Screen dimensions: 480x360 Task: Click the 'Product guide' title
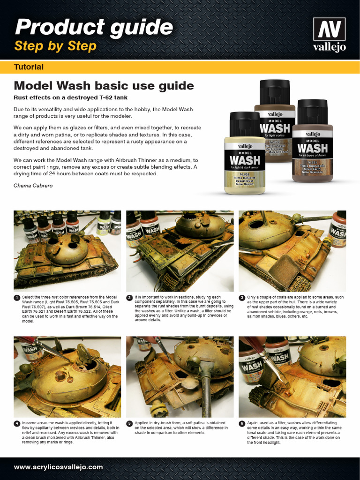tap(94, 27)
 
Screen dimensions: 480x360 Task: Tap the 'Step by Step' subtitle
tap(55, 46)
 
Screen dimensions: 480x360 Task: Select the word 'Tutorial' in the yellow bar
tap(29, 67)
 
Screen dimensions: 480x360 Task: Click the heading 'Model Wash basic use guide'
tap(104, 86)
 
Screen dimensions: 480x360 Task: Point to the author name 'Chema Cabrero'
tap(33, 186)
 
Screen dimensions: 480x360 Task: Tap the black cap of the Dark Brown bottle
tap(275, 92)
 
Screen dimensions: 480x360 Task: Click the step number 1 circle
tap(17, 298)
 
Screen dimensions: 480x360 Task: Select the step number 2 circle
tap(129, 298)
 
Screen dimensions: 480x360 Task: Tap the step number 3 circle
tap(242, 298)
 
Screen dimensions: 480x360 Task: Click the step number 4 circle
tap(17, 423)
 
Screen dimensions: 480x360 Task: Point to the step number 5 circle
tap(129, 423)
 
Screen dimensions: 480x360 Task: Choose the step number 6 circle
tap(242, 423)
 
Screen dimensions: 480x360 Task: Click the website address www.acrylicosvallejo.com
tap(58, 467)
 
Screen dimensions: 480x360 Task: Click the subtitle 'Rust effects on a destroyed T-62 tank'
tap(70, 97)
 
